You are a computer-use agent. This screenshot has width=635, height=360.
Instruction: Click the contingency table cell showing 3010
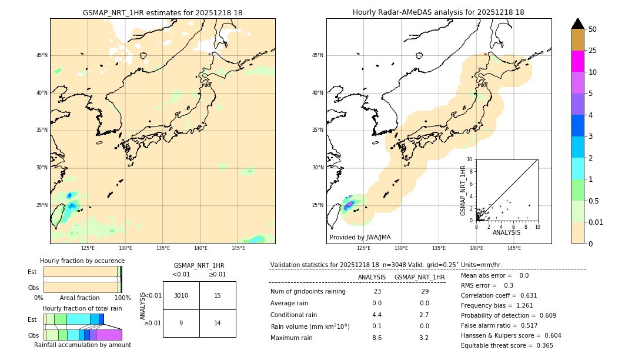pyautogui.click(x=181, y=295)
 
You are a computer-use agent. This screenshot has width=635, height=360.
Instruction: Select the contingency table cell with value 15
pyautogui.click(x=218, y=295)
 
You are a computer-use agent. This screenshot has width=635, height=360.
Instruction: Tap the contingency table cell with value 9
pyautogui.click(x=181, y=323)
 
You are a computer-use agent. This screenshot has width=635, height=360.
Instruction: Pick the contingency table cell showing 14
pyautogui.click(x=218, y=323)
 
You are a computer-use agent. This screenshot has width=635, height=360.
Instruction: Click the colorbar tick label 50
pyautogui.click(x=593, y=29)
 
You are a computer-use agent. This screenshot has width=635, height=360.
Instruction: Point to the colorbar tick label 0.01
pyautogui.click(x=596, y=222)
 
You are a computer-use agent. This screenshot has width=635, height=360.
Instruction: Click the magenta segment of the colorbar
pyautogui.click(x=578, y=61)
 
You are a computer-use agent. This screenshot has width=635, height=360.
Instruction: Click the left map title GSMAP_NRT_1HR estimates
pyautogui.click(x=162, y=13)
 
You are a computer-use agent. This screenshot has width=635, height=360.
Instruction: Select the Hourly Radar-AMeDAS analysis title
pyautogui.click(x=439, y=12)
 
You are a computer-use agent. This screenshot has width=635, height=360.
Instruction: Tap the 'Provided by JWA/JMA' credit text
pyautogui.click(x=360, y=237)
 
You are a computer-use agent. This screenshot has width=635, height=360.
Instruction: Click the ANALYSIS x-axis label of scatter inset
pyautogui.click(x=506, y=233)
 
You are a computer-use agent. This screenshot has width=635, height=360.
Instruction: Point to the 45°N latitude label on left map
pyautogui.click(x=42, y=55)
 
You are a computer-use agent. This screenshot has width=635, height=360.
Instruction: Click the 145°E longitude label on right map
pyautogui.click(x=514, y=248)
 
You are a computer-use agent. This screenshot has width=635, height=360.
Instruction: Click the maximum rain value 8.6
pyautogui.click(x=377, y=338)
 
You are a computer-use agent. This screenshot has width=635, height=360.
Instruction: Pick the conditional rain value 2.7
pyautogui.click(x=424, y=315)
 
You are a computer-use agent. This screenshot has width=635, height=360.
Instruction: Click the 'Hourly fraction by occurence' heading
pyautogui.click(x=82, y=261)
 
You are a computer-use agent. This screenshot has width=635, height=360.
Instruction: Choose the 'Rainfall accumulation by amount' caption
pyautogui.click(x=82, y=345)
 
